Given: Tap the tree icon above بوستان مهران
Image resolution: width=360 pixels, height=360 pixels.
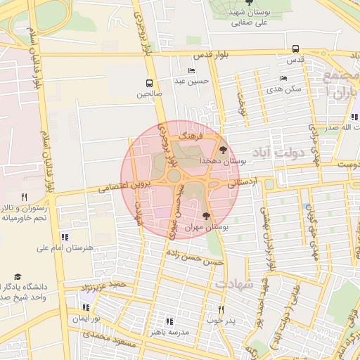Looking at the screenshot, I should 206,217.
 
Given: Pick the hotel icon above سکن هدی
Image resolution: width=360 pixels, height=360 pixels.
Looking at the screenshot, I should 283,78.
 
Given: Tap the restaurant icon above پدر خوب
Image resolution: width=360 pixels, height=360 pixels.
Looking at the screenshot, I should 220,309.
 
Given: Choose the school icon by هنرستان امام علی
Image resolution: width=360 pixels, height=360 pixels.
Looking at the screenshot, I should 65,237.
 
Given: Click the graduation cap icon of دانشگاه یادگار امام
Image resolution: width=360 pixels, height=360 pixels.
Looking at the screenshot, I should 18,277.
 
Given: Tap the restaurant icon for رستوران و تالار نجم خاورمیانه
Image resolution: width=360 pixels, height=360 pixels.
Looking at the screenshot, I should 24,198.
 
